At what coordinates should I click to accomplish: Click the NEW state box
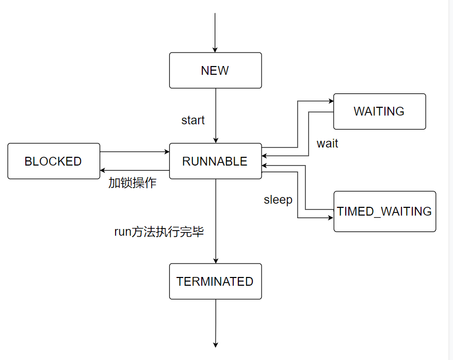[215, 70]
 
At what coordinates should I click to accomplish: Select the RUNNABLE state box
[215, 161]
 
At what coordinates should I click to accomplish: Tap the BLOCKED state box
[54, 161]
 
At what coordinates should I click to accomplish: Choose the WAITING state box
[379, 111]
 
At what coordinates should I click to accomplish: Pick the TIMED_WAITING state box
[384, 211]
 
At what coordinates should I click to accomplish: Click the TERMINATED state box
[215, 281]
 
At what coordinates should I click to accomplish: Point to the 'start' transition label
[193, 120]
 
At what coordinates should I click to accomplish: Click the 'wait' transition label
[327, 143]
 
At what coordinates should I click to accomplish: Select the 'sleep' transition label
[278, 200]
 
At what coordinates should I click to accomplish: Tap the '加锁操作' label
[132, 183]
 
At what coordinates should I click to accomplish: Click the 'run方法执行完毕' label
[159, 232]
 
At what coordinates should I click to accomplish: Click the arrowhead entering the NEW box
[215, 50]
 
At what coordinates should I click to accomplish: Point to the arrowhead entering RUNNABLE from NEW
[215, 140]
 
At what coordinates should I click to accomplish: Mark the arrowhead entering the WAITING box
[331, 102]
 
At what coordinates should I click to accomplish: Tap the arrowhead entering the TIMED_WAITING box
[331, 218]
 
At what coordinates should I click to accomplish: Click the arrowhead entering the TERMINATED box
[215, 260]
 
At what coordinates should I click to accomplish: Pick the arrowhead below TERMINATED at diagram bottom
[215, 345]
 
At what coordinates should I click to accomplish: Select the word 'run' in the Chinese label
[122, 232]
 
